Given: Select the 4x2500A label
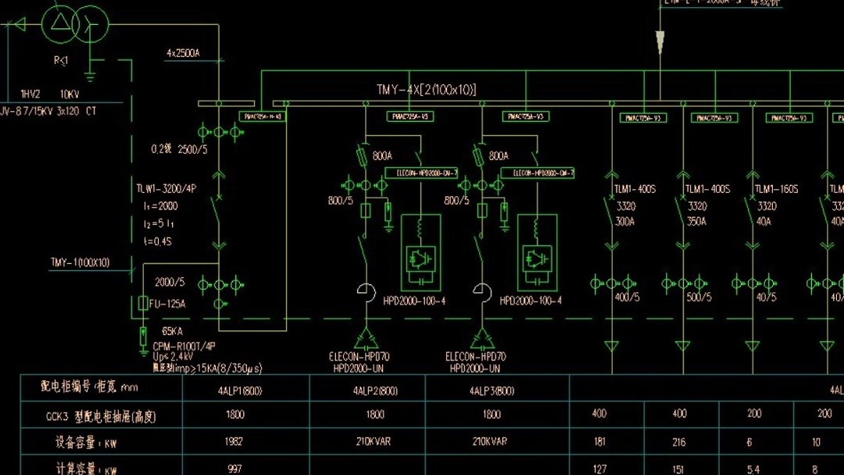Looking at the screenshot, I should coord(183,53).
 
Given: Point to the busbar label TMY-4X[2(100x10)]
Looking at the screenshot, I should coord(426,90).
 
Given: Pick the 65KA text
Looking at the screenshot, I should coord(173,331).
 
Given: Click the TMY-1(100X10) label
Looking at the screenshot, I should coord(80,262).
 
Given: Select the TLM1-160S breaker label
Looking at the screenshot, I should coord(776,189).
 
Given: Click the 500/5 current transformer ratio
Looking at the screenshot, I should coord(699,298).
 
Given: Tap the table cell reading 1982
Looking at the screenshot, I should coord(234,441).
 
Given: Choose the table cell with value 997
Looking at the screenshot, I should coord(234,468).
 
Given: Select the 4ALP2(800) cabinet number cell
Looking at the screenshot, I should coord(375,391).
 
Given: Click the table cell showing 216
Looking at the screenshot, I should coord(678,442).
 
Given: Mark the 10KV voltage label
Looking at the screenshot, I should coord(69,93).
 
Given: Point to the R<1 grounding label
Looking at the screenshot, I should coord(60,60).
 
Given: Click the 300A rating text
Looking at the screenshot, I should coord(625,221).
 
